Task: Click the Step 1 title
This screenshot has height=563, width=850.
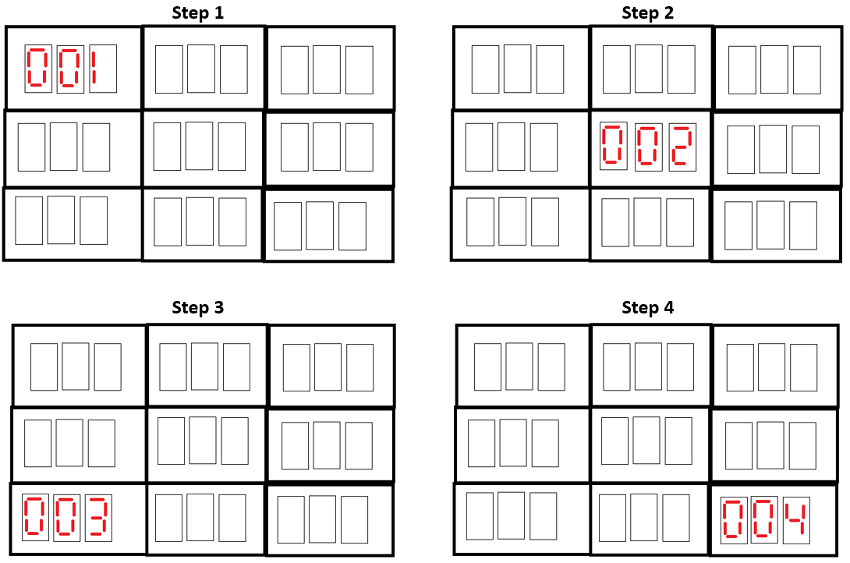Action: (x=198, y=12)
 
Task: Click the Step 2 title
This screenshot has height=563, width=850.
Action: (x=647, y=12)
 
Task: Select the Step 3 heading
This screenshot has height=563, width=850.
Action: (x=198, y=307)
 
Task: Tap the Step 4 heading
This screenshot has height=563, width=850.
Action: (x=647, y=308)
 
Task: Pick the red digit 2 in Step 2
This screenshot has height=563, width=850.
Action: (x=682, y=145)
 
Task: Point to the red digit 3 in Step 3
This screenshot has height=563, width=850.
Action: (x=97, y=516)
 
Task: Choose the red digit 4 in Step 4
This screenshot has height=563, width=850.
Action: (x=796, y=520)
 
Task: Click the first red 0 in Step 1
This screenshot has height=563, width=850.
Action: (x=37, y=68)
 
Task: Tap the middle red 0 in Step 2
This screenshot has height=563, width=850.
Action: (x=648, y=145)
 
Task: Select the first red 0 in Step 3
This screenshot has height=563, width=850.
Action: (x=35, y=516)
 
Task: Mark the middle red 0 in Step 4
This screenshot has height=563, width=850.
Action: (x=764, y=520)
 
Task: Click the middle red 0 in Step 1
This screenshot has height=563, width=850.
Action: (x=69, y=68)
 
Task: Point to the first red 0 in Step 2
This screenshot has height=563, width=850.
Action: (x=613, y=145)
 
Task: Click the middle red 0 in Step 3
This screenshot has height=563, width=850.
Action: (x=66, y=516)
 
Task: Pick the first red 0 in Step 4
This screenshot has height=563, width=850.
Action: (x=734, y=520)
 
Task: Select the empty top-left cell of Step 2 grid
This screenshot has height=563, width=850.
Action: (x=521, y=68)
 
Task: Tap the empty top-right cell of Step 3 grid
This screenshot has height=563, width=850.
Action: (x=331, y=366)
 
